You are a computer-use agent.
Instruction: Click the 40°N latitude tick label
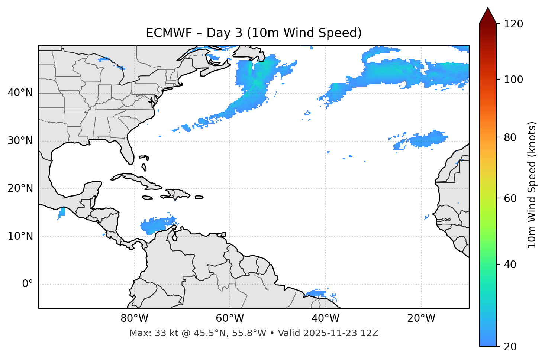coord(20,93)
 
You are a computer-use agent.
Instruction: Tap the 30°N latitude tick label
coord(20,141)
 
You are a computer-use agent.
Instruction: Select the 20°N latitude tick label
coord(20,188)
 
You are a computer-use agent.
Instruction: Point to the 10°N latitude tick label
coord(20,236)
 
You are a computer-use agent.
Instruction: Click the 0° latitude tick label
coord(28,284)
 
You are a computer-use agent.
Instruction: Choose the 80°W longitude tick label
coord(134,318)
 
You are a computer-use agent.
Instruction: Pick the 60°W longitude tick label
coord(230,318)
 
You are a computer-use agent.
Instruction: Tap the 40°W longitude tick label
coord(326,318)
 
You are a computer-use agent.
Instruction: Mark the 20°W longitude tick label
coord(421,318)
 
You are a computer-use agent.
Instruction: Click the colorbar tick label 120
coord(513,24)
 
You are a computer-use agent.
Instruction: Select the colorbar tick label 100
coord(513,80)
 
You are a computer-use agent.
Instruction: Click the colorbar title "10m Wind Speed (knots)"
coord(532,185)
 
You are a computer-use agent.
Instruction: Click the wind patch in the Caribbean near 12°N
coord(156,224)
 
